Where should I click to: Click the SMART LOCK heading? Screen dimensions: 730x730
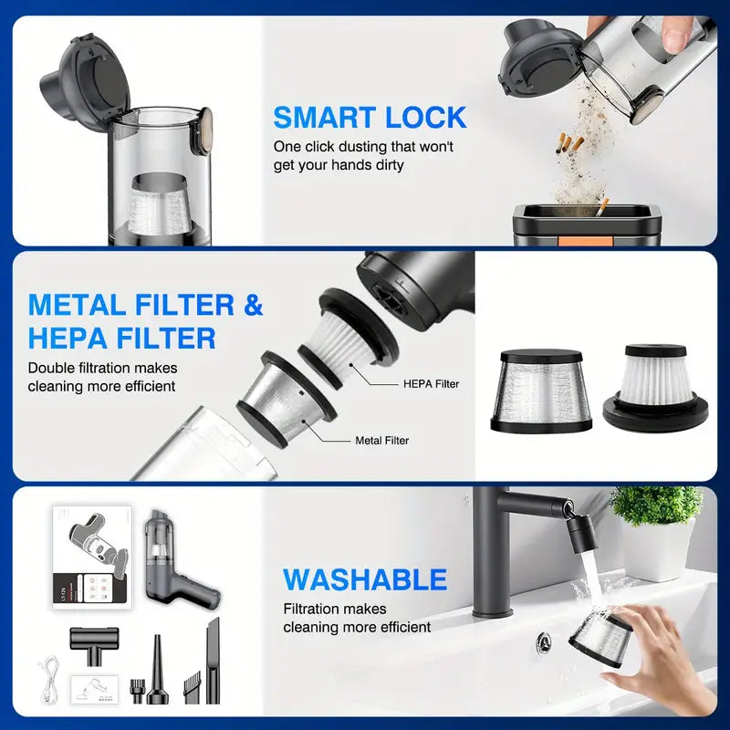click(x=370, y=118)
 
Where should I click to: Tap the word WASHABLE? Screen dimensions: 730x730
click(x=365, y=579)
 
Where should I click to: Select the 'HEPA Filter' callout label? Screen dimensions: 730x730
click(x=431, y=384)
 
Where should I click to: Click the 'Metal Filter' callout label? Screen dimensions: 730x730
click(x=381, y=441)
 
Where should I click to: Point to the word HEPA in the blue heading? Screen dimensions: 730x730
click(x=68, y=338)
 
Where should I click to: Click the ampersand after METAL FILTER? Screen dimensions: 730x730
click(x=253, y=305)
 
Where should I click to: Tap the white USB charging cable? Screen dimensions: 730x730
click(x=49, y=679)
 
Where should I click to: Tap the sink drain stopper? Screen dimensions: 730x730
click(x=543, y=642)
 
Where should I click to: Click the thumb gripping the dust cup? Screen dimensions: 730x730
click(x=679, y=35)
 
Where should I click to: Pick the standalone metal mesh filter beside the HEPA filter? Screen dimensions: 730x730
click(x=541, y=391)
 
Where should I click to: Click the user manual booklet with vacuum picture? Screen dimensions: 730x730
click(x=92, y=558)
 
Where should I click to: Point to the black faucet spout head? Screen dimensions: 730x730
click(x=579, y=534)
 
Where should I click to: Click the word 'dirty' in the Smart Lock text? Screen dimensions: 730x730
click(x=389, y=165)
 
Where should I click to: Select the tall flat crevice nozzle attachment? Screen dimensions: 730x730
click(x=213, y=660)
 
